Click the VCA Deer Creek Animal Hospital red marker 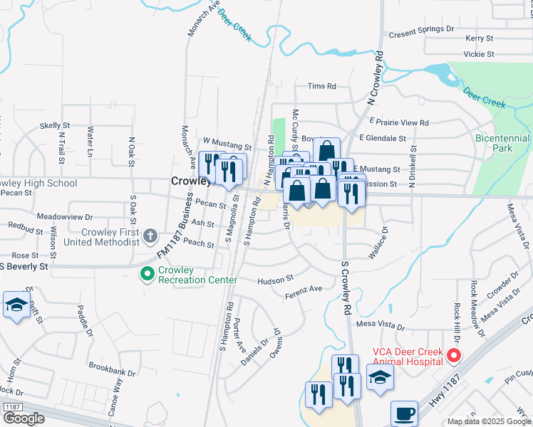click(452, 354)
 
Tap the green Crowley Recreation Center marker click(148, 273)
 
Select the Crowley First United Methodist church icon click(150, 235)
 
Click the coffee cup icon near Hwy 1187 click(405, 413)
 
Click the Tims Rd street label click(321, 86)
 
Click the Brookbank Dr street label click(113, 367)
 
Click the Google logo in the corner click(24, 418)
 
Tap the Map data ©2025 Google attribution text click(488, 421)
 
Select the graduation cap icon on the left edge click(16, 305)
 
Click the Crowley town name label click(190, 181)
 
